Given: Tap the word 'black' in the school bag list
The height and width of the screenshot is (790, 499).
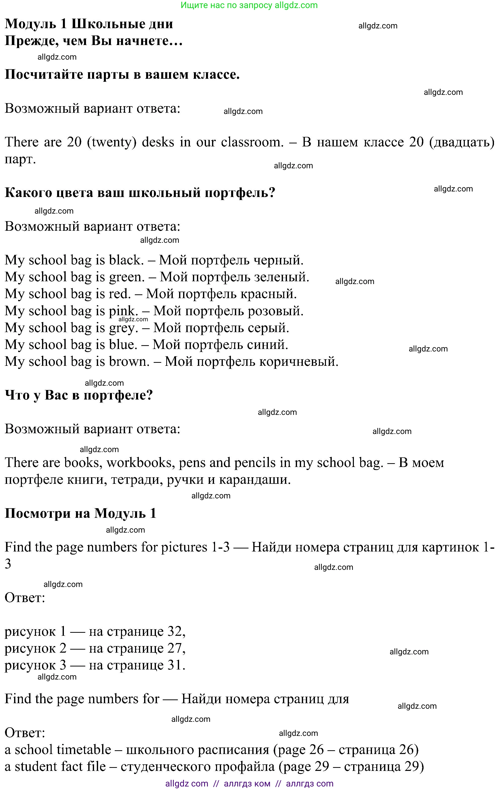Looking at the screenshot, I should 126,260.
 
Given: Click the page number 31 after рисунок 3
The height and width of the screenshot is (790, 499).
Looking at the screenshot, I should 175,665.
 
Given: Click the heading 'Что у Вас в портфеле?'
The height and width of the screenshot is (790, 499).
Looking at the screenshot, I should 79,395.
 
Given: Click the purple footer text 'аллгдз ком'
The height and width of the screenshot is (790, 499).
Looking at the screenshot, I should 247,784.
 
